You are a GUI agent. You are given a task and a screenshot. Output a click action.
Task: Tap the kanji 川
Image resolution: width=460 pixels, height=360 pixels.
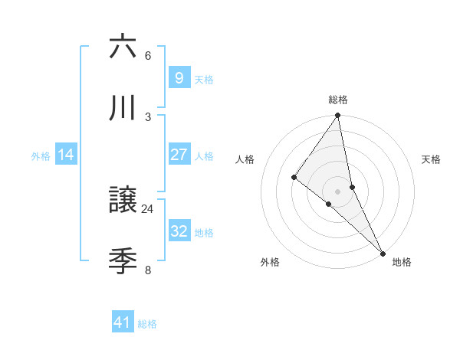(x=123, y=110)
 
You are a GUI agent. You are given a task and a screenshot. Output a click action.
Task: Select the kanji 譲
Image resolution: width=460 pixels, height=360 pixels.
(x=123, y=201)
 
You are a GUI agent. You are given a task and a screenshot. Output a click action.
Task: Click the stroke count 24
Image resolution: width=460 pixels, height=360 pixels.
(x=148, y=208)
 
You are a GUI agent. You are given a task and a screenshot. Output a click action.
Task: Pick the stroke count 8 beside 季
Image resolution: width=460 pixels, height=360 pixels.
(x=148, y=270)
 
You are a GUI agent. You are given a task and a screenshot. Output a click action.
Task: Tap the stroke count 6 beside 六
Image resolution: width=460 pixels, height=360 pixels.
(x=148, y=55)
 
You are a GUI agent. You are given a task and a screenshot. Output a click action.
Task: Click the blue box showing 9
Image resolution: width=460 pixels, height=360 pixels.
(x=179, y=77)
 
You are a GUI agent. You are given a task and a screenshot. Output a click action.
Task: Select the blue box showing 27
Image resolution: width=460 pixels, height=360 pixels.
(x=179, y=155)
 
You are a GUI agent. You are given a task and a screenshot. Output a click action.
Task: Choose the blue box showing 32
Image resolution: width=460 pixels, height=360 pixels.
(x=179, y=231)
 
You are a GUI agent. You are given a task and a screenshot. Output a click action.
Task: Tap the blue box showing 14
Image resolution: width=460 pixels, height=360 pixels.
(x=66, y=155)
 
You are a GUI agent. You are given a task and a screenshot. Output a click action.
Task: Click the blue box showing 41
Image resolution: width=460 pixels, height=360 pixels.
(x=123, y=322)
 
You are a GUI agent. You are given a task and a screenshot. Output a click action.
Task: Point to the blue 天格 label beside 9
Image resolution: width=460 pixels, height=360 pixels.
(x=204, y=79)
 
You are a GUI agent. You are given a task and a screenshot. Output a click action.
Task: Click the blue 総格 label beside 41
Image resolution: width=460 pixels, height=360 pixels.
(x=147, y=324)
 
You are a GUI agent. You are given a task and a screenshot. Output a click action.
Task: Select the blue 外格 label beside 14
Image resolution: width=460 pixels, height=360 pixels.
(x=41, y=156)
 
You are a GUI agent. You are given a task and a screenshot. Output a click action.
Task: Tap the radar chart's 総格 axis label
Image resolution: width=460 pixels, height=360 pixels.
(x=338, y=100)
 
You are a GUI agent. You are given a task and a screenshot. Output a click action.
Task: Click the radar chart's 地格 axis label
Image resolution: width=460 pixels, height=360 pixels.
(x=402, y=262)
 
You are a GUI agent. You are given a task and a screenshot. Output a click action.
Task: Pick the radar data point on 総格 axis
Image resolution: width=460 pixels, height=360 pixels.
(x=338, y=116)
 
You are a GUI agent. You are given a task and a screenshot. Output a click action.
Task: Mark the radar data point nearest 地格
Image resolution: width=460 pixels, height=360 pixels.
(x=382, y=252)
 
